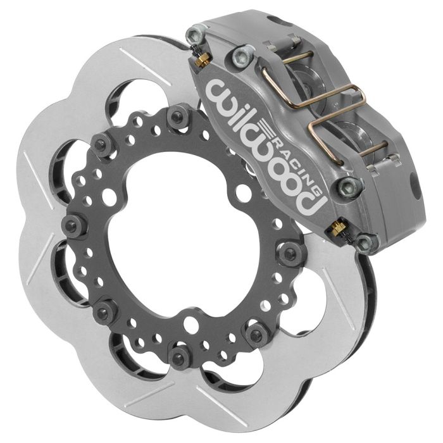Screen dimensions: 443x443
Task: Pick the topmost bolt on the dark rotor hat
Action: [x=177, y=115]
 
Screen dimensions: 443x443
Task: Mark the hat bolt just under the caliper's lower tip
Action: [x=291, y=253]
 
